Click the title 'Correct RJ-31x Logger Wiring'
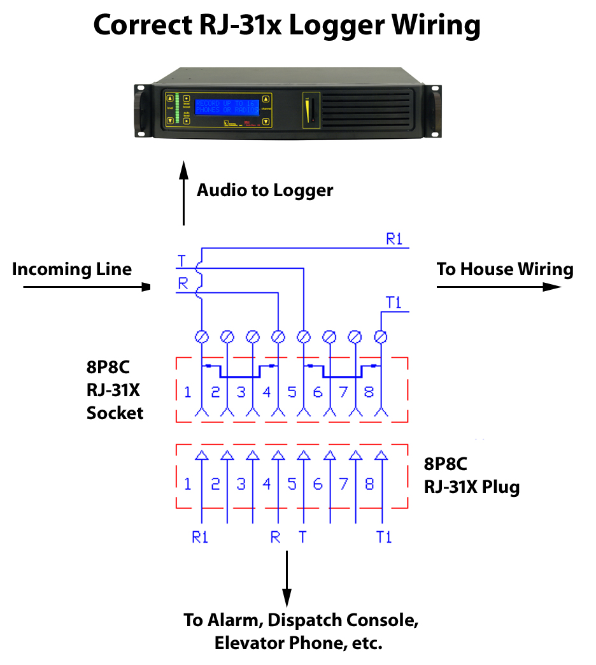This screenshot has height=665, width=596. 287,26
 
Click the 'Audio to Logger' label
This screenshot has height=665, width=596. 264,190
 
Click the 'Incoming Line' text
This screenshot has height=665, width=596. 72,269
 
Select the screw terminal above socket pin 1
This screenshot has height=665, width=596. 202,336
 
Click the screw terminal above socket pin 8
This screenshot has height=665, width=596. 381,336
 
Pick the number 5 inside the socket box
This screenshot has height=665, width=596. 292,392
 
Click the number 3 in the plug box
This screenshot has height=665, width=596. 241,484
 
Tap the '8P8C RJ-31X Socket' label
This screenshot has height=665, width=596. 115,390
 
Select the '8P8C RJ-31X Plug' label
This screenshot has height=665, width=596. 471,476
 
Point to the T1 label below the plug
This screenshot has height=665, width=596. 383,537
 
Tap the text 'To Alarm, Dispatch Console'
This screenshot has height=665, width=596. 301,620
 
